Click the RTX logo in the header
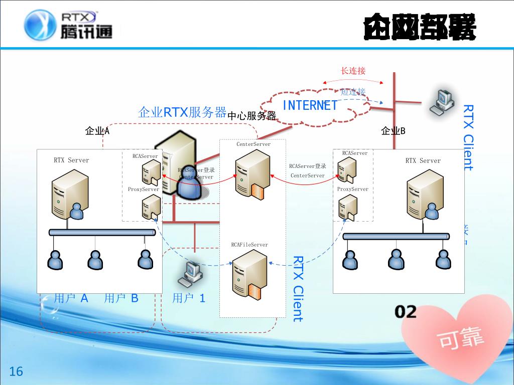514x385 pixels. pos(68,25)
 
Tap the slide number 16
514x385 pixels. pos(17,371)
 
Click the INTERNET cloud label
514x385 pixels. pos(310,105)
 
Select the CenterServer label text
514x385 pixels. pos(253,144)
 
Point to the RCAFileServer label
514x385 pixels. pos(249,245)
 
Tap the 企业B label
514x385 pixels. pos(393,131)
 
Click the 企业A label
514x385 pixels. pos(97,131)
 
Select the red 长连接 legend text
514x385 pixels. pos(353,71)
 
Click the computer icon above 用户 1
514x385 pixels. pos(192,273)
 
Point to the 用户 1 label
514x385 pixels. pos(189,298)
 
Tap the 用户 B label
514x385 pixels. pos(121,298)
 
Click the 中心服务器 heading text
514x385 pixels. pos(252,116)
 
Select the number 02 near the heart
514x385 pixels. pos(406,312)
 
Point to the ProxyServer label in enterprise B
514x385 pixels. pos(352,189)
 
